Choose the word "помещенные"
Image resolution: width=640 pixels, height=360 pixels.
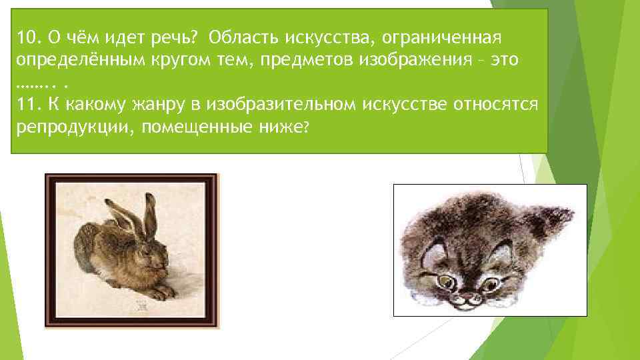[197, 129]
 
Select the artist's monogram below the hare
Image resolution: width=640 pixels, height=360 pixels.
[141, 303]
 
